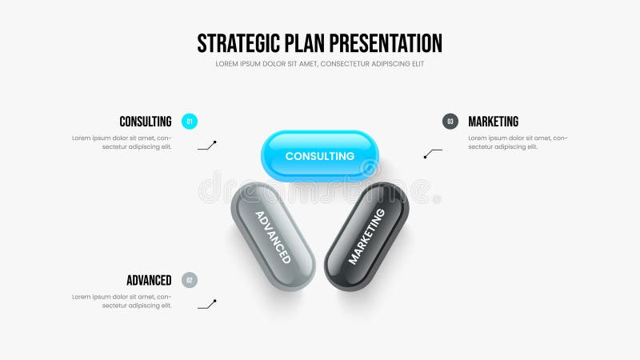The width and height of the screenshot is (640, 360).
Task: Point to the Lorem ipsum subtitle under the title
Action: [x=319, y=64]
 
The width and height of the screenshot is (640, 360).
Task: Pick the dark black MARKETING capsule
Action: [x=366, y=237]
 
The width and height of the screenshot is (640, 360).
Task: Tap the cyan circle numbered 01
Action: [x=190, y=122]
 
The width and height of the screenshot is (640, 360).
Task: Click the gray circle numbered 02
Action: [x=190, y=280]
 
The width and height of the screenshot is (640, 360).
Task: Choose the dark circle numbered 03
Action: [x=450, y=122]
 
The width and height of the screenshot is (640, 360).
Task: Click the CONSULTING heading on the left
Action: [x=146, y=122]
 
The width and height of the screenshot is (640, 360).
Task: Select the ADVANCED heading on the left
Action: [x=149, y=280]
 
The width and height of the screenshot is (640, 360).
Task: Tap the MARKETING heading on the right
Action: [x=493, y=122]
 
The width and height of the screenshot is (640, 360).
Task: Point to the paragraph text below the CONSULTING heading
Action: [x=122, y=142]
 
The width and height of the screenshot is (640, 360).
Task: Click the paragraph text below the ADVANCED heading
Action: [x=122, y=301]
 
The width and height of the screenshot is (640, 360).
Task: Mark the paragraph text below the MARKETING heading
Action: [x=518, y=142]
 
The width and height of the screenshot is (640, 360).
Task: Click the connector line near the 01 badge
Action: [x=207, y=146]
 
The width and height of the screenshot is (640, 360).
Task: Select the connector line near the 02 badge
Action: [x=207, y=304]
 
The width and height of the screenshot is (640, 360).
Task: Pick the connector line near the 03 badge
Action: [x=433, y=153]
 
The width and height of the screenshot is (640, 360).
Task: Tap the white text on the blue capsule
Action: [x=320, y=156]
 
